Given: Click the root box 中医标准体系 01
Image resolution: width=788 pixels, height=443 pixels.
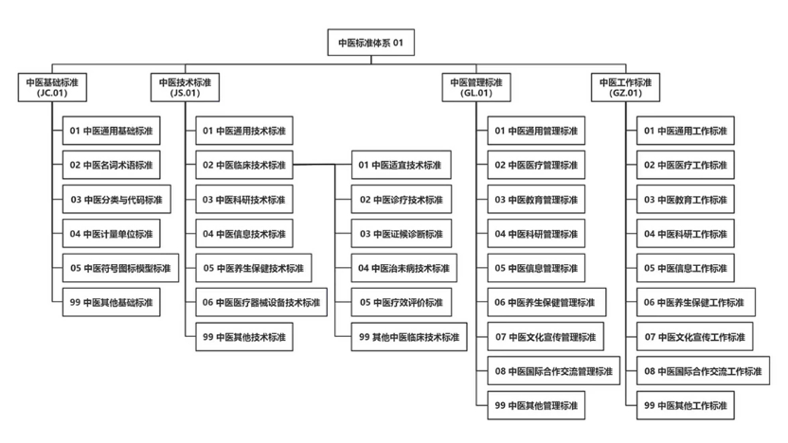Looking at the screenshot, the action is pos(371,43).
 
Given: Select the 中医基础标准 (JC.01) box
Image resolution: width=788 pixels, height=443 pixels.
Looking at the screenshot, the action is pos(52,87).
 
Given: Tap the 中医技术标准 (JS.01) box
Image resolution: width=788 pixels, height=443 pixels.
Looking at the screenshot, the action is pos(185,87).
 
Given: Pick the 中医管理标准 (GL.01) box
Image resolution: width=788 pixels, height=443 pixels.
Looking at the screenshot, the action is pos(476,87).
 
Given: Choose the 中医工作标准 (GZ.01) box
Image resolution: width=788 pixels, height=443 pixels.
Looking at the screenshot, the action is pos(625,87).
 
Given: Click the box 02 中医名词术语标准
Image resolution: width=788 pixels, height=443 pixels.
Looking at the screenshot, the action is pos(111,165).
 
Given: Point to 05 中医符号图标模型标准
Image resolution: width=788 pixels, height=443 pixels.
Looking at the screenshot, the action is pos(120,268).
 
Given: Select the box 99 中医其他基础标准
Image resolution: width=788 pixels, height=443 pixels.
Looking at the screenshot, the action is pos(111,302).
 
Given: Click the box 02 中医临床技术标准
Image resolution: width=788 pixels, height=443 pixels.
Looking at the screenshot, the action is pos(244,165).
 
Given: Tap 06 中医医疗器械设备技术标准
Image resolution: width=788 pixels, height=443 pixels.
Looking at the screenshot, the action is pos(261,302).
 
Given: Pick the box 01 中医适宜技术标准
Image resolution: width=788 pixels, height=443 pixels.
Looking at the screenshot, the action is pos(401,165).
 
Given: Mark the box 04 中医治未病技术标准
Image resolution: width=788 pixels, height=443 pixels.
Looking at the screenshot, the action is pos(404,268).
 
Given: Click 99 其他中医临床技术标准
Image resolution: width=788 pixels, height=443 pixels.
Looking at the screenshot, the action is pos(409,337).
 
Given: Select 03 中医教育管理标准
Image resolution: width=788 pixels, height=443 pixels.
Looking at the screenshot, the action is pos(536,200).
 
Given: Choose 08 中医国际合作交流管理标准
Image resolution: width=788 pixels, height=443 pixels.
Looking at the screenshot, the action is pos(554,371).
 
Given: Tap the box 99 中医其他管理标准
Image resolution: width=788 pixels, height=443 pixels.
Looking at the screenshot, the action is pos(536,405).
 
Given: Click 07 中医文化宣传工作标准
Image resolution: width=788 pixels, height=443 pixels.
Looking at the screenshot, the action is pos(695,337).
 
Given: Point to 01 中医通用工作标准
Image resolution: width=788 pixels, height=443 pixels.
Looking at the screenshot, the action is pos(686,131).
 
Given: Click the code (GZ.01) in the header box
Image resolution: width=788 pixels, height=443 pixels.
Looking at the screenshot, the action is pos(625,93).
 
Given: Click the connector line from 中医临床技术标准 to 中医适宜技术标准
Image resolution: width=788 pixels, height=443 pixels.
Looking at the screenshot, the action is pos(322,165).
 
